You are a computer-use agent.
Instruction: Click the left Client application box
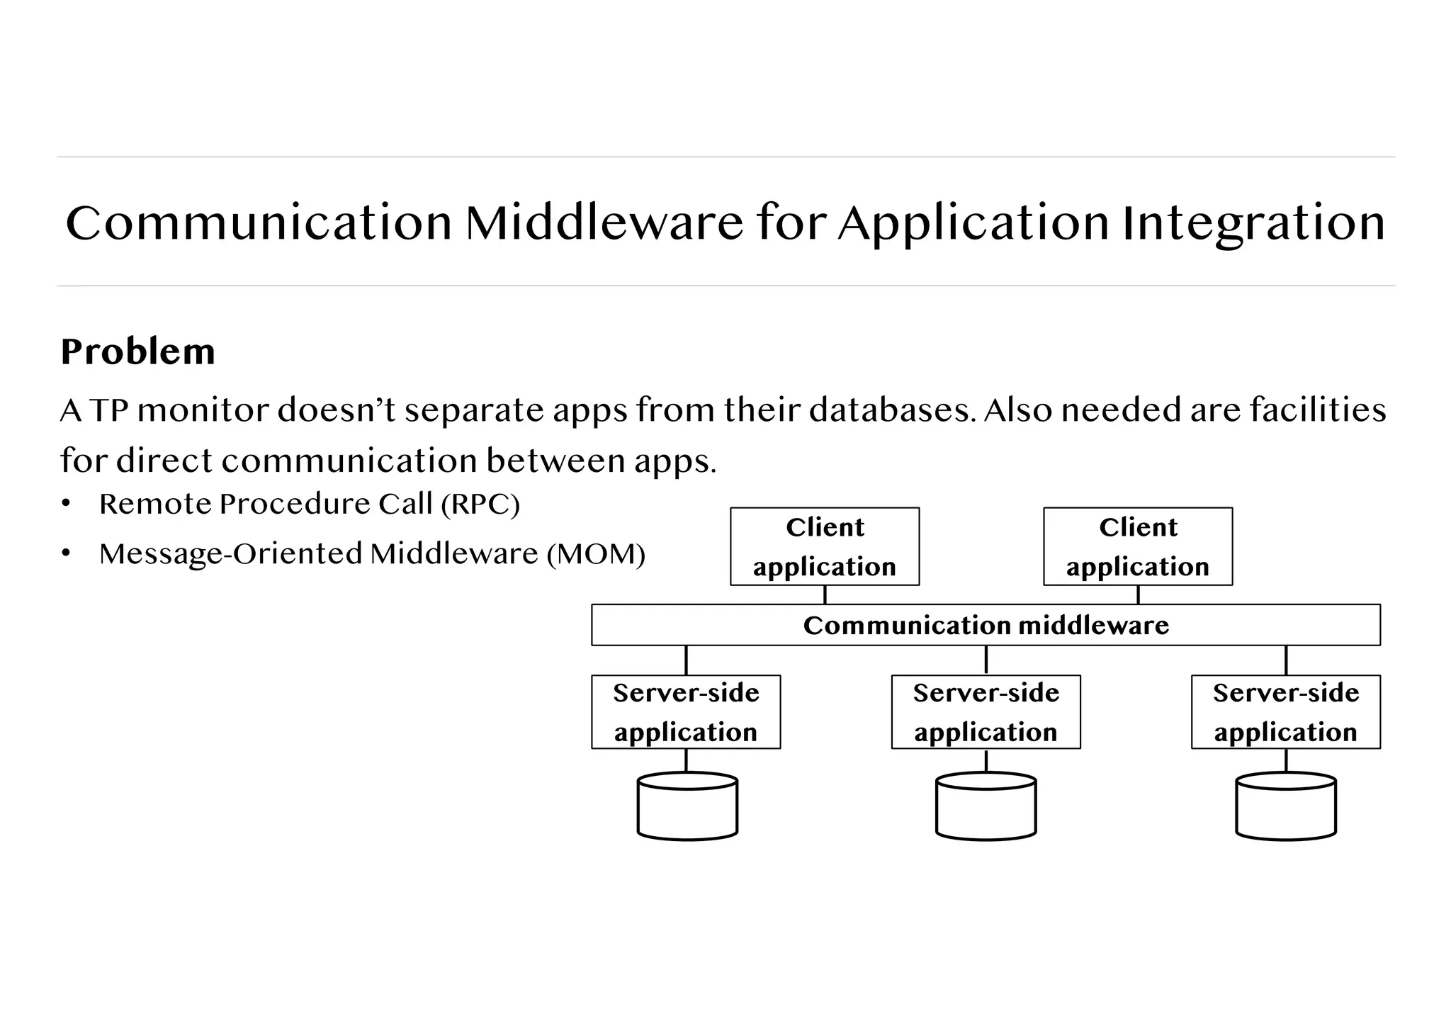pyautogui.click(x=825, y=546)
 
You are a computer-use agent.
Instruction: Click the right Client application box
pyautogui.click(x=1138, y=546)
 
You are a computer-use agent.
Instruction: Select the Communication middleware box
pyautogui.click(x=986, y=625)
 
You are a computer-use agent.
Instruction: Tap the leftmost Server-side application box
pyautogui.click(x=686, y=712)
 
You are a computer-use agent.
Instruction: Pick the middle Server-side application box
pyautogui.click(x=986, y=712)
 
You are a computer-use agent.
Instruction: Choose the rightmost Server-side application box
pyautogui.click(x=1285, y=712)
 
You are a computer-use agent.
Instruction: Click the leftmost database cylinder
pyautogui.click(x=687, y=808)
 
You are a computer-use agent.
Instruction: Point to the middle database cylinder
pyautogui.click(x=986, y=808)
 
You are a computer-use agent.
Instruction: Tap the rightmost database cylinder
pyautogui.click(x=1285, y=808)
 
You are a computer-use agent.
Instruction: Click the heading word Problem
pyautogui.click(x=137, y=351)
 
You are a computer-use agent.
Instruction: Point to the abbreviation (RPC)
pyautogui.click(x=480, y=504)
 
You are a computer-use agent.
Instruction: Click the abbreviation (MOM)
pyautogui.click(x=596, y=554)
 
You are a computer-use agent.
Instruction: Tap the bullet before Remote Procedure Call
pyautogui.click(x=66, y=504)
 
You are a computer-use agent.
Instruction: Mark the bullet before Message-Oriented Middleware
pyautogui.click(x=66, y=553)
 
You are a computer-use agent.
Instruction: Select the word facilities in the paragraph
pyautogui.click(x=1317, y=410)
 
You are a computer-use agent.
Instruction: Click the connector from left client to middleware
pyautogui.click(x=825, y=595)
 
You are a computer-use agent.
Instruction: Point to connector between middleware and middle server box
pyautogui.click(x=986, y=660)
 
